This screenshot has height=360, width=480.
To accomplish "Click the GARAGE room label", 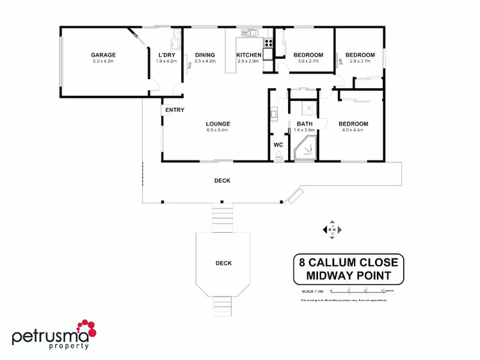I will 103,55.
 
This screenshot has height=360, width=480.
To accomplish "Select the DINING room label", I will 205,55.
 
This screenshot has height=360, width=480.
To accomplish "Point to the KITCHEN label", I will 248,55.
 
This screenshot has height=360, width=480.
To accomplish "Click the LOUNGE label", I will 218,124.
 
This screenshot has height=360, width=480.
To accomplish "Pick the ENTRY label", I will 175,110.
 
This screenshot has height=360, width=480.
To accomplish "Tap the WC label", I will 278,145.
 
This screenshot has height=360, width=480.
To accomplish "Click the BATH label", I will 305,124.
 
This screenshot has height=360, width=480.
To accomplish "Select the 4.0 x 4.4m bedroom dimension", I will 353,130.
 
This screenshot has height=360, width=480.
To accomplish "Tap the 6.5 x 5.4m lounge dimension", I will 218,130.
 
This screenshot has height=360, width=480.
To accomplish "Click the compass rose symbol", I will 332,230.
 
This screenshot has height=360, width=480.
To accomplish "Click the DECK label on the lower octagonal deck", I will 223,263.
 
